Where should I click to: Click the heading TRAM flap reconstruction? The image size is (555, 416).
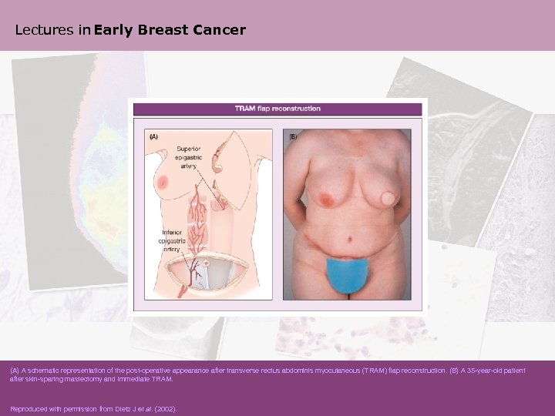(x=277, y=109)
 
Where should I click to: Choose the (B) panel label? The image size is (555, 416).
(x=292, y=136)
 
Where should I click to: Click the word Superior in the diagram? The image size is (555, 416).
(x=189, y=149)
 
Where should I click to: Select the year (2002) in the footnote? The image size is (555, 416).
(x=165, y=409)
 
